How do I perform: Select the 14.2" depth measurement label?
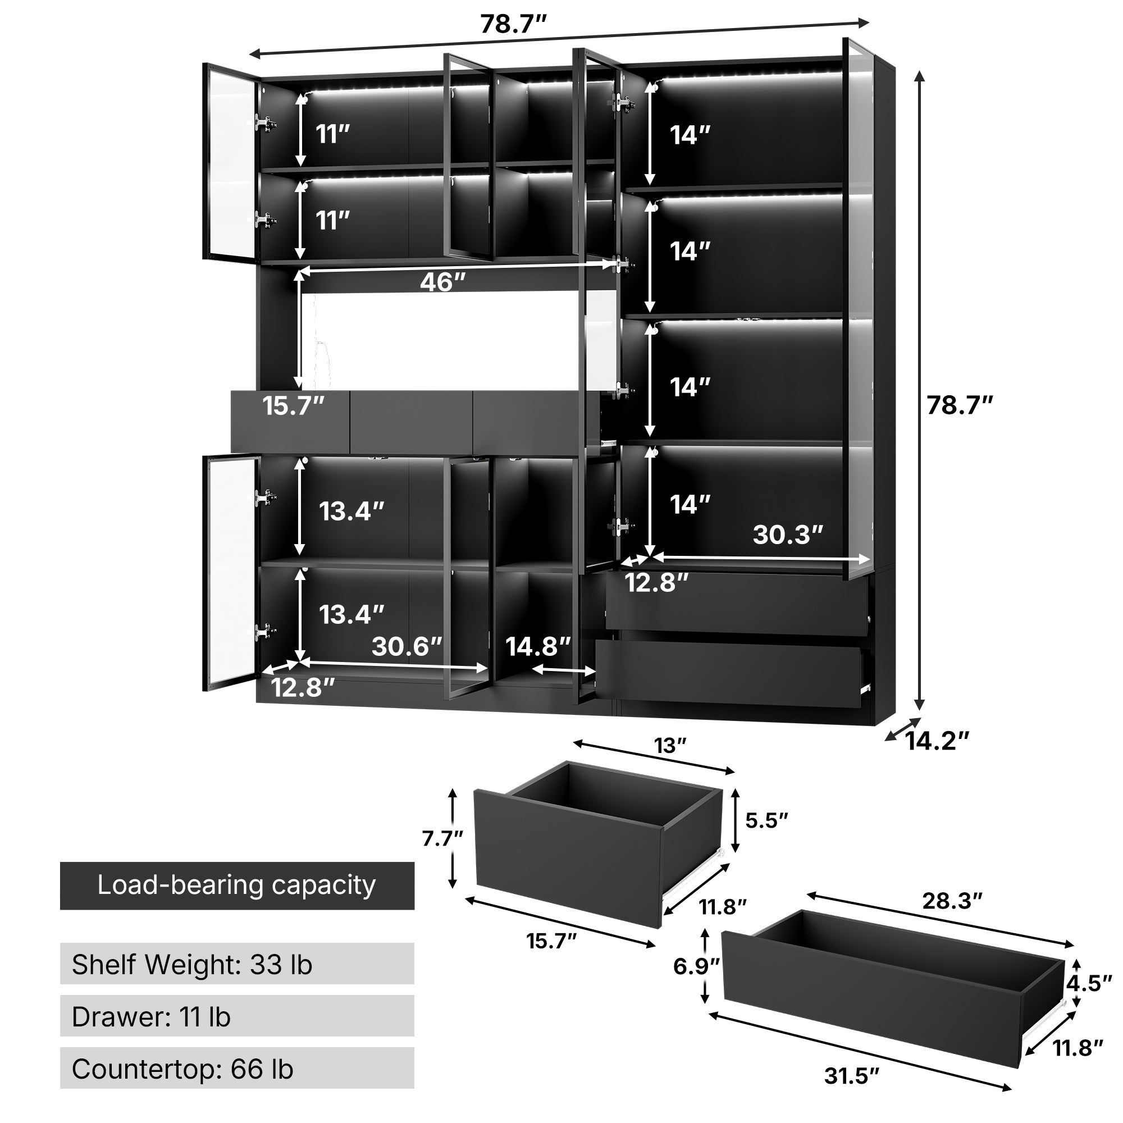[937, 741]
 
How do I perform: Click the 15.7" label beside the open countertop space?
[293, 406]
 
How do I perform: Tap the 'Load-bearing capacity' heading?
[237, 886]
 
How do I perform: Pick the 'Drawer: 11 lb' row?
[237, 1017]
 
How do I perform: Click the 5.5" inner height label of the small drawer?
[766, 820]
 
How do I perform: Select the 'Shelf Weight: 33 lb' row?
[237, 964]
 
